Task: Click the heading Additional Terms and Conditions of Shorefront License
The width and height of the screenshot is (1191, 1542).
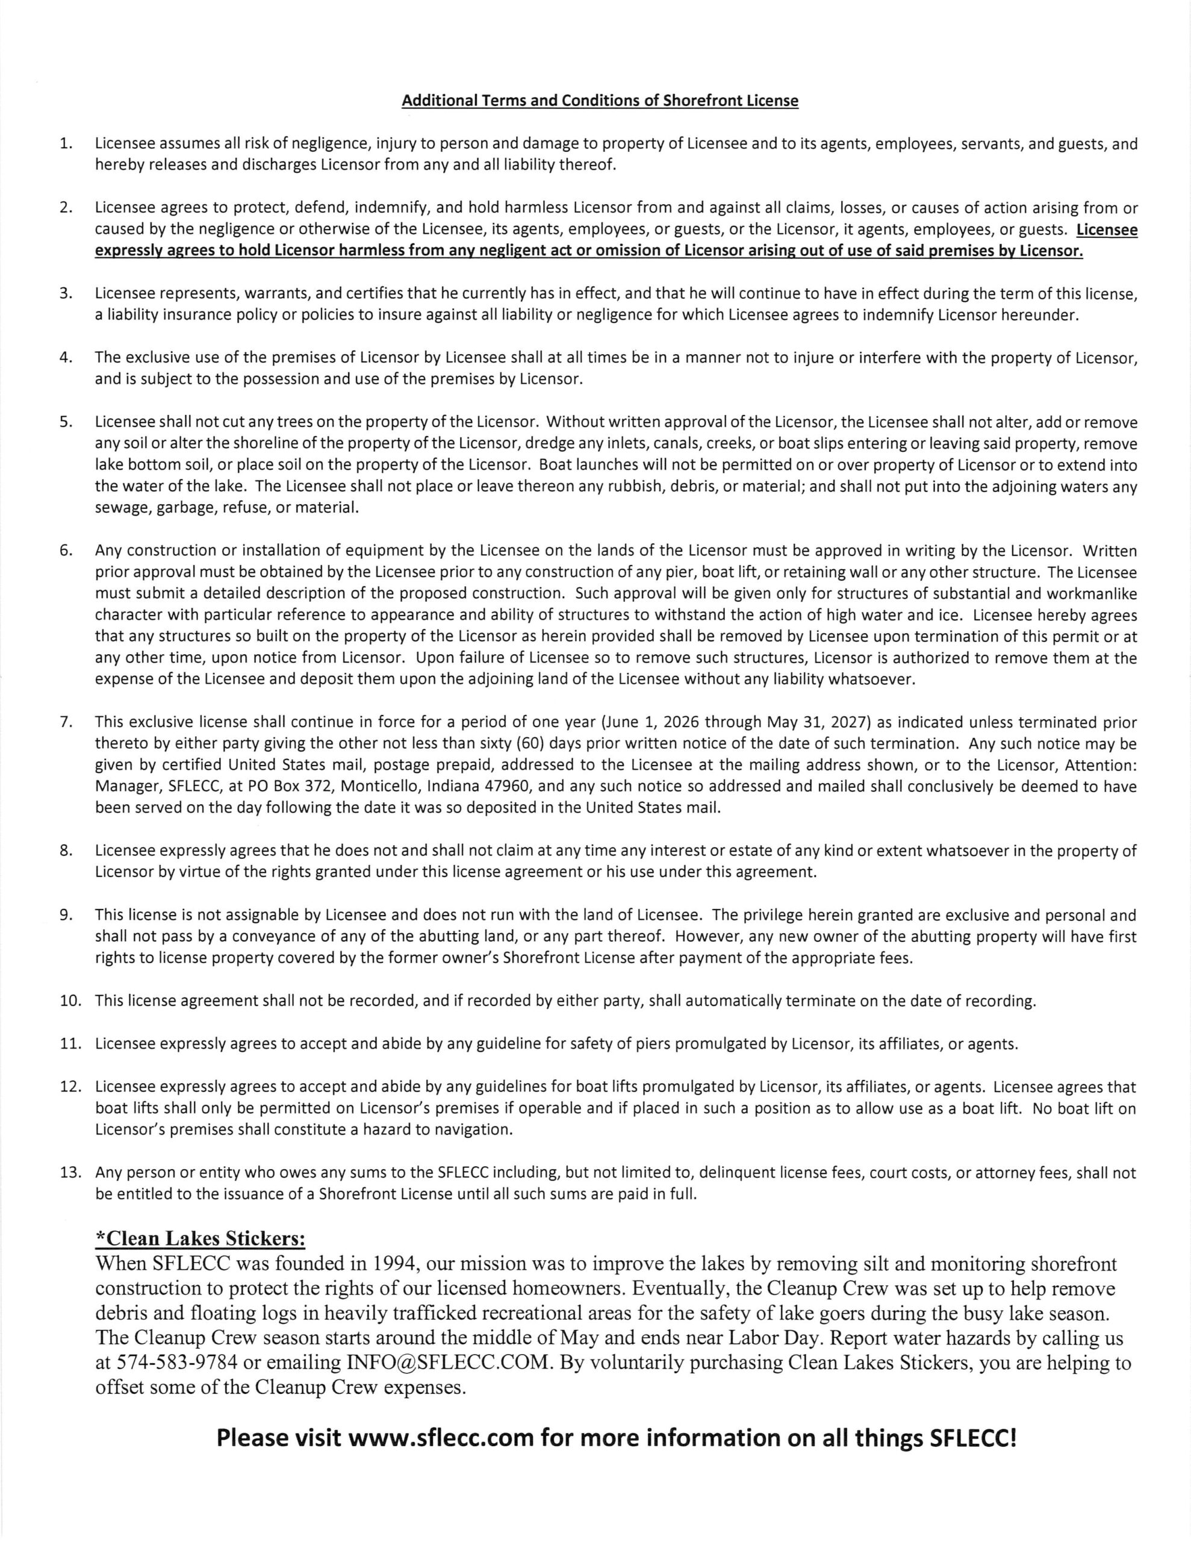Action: [599, 101]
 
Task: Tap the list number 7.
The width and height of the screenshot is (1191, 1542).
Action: [66, 722]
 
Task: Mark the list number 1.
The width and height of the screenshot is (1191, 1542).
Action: [66, 144]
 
